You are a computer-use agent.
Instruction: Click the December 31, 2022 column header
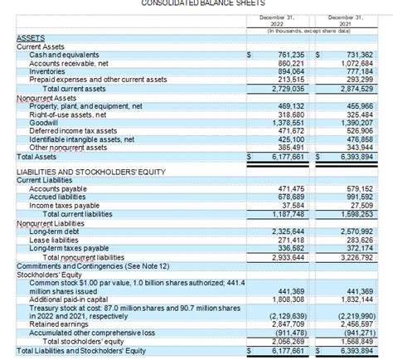click(277, 20)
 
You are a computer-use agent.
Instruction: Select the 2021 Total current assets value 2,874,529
click(354, 88)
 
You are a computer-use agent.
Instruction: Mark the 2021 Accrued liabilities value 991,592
click(357, 197)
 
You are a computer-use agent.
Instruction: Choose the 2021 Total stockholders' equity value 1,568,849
click(354, 341)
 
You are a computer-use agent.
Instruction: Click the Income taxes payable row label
click(64, 206)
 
